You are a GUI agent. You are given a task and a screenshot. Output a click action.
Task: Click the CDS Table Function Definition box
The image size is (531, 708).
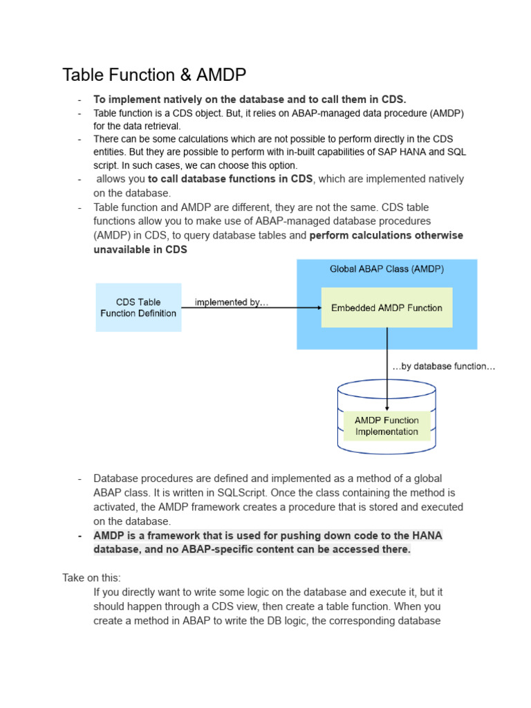click(138, 308)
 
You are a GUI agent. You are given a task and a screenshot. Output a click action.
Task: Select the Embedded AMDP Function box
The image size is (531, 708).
click(386, 308)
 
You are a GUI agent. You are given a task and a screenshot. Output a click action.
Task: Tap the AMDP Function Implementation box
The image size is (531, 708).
click(386, 426)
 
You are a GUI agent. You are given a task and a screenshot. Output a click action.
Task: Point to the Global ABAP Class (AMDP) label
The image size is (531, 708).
click(386, 268)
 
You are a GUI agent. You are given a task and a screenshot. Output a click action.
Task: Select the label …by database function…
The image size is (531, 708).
click(443, 366)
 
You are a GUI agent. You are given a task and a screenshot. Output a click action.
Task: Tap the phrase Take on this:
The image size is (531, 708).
click(91, 577)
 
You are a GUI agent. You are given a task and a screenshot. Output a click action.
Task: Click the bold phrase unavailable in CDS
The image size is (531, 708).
click(140, 250)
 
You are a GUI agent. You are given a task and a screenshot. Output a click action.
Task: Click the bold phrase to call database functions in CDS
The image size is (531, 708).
click(230, 178)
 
